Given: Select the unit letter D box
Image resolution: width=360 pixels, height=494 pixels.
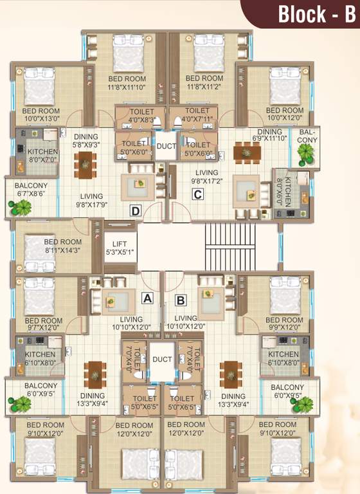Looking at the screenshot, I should tap(135, 210).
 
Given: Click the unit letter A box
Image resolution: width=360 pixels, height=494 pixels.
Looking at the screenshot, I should tap(147, 298).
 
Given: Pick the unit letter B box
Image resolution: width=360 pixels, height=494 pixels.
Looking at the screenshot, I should tap(181, 299).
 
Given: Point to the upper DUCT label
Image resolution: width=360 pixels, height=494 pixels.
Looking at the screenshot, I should tap(166, 147).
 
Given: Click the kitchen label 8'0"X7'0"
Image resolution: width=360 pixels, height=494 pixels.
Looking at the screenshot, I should tap(43, 155).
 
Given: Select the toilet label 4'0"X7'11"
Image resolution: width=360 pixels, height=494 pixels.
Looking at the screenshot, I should tap(194, 115).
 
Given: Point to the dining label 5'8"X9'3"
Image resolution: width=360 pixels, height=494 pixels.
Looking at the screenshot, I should tap(85, 141).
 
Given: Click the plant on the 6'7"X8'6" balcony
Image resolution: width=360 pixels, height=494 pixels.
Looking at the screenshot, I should tap(20, 208).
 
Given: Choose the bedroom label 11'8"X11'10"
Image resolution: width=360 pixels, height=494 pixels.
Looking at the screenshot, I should tap(127, 83).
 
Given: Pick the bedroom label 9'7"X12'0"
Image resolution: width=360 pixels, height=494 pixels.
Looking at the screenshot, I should tap(44, 324).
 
